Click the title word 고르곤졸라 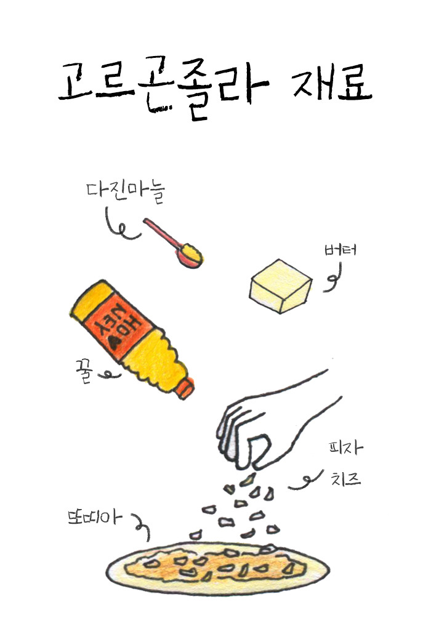point(163,86)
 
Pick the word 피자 point(345,448)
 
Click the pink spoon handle point(161,234)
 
